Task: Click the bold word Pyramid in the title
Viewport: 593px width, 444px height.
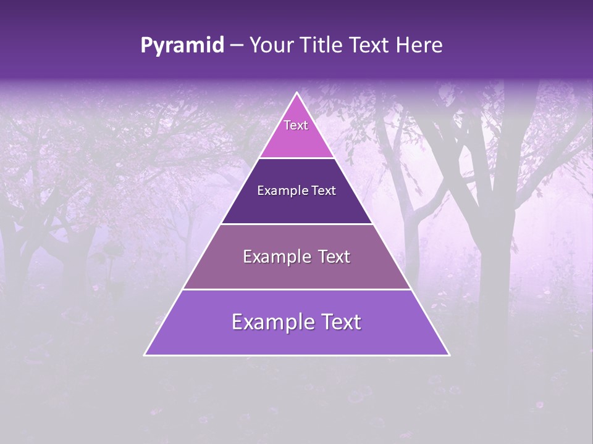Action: (182, 46)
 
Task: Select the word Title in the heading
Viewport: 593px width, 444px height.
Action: (322, 46)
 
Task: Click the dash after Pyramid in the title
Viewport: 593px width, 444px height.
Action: (237, 46)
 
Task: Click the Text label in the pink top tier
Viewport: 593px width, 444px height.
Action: (296, 125)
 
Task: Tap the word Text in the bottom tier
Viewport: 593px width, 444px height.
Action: (339, 322)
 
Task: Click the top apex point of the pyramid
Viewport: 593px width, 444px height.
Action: (297, 93)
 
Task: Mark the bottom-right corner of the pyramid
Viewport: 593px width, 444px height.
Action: (449, 355)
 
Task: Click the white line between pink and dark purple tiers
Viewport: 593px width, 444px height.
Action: (297, 158)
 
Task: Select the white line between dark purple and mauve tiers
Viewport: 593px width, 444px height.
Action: (297, 224)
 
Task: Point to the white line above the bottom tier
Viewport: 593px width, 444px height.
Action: (297, 289)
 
